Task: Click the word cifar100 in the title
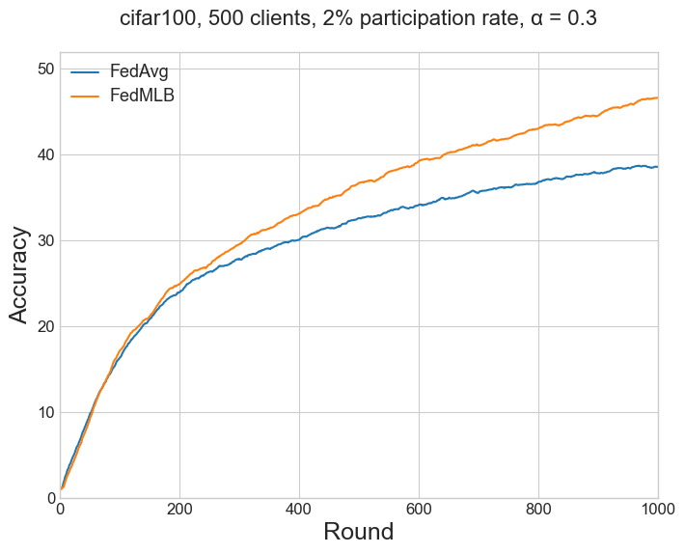click(x=156, y=18)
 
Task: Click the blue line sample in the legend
click(x=85, y=72)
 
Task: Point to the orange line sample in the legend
click(x=85, y=96)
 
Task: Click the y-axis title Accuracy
click(x=20, y=275)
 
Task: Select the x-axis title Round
click(x=358, y=532)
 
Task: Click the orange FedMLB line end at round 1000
click(x=657, y=97)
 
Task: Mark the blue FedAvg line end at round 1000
click(x=657, y=167)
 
